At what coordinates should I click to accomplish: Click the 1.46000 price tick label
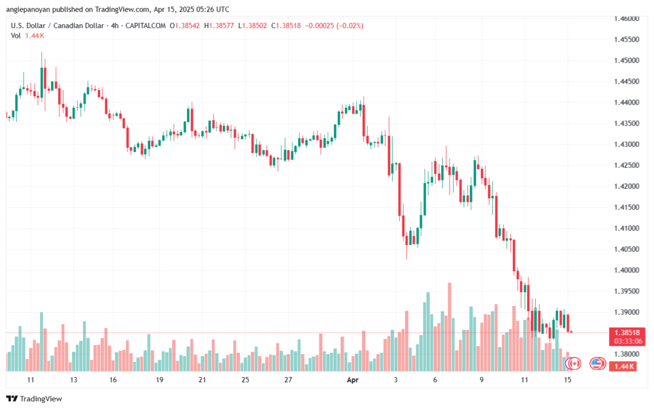627,19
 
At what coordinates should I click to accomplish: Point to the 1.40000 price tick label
627,271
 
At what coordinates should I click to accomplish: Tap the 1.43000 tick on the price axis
627,145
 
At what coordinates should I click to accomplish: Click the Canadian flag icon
573,363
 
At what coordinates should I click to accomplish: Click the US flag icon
597,363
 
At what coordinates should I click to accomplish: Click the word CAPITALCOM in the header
145,26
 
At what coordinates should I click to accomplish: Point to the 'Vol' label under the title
16,36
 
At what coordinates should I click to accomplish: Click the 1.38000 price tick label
627,354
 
